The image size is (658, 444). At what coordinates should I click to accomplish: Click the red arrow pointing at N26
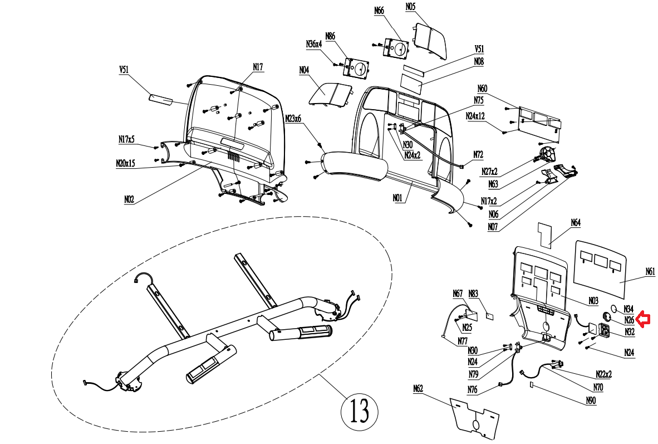[x=644, y=320]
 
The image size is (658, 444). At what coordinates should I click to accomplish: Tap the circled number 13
[x=359, y=411]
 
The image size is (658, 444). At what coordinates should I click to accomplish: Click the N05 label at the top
[x=410, y=7]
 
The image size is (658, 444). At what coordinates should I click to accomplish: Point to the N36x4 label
[x=314, y=44]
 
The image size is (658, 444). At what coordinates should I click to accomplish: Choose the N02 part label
[x=129, y=199]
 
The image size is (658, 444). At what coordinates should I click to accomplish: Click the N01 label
[x=397, y=197]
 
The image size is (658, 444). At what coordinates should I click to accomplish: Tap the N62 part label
[x=418, y=388]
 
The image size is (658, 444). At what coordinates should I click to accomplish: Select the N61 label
[x=650, y=272]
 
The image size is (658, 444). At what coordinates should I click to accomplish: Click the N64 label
[x=576, y=223]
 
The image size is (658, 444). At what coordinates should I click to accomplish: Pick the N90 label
[x=591, y=401]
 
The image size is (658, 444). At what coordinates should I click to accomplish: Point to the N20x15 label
[x=125, y=163]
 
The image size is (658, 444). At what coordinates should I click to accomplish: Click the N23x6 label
[x=293, y=119]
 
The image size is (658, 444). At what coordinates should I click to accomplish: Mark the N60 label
[x=482, y=89]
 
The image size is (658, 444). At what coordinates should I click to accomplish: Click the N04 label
[x=304, y=70]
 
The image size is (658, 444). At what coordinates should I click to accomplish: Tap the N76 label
[x=473, y=390]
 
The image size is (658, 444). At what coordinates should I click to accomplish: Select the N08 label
[x=479, y=61]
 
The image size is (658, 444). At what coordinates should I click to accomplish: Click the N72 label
[x=478, y=154]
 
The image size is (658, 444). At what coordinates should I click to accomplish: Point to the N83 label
[x=473, y=294]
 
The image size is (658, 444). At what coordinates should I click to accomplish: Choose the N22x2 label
[x=604, y=374]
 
